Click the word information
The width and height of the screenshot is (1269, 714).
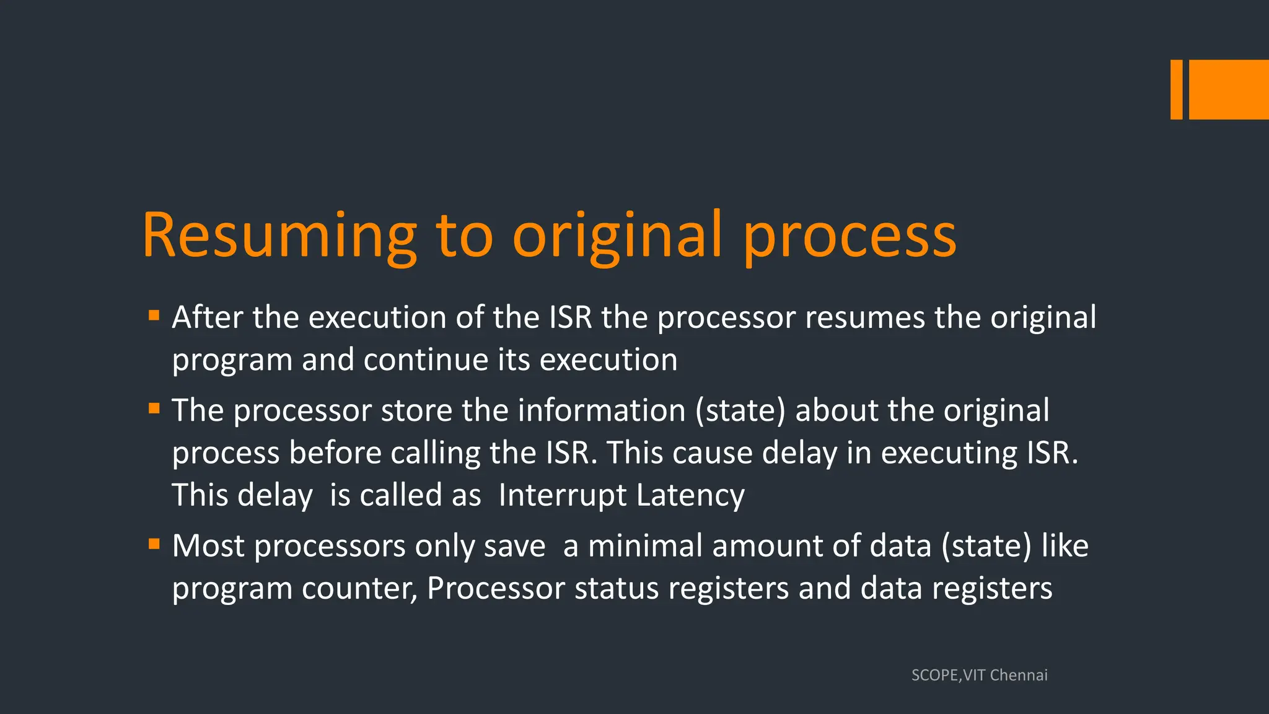click(x=602, y=410)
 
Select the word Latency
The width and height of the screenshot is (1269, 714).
click(x=690, y=495)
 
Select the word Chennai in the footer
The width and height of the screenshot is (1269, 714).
click(x=1019, y=675)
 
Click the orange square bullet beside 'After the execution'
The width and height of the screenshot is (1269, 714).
click(x=154, y=315)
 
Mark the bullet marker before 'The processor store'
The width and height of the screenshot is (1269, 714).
click(x=154, y=408)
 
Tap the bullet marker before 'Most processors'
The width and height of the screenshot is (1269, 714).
click(x=154, y=544)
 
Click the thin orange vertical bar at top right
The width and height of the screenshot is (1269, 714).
click(x=1176, y=89)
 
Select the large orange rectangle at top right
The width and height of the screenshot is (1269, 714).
click(x=1229, y=89)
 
